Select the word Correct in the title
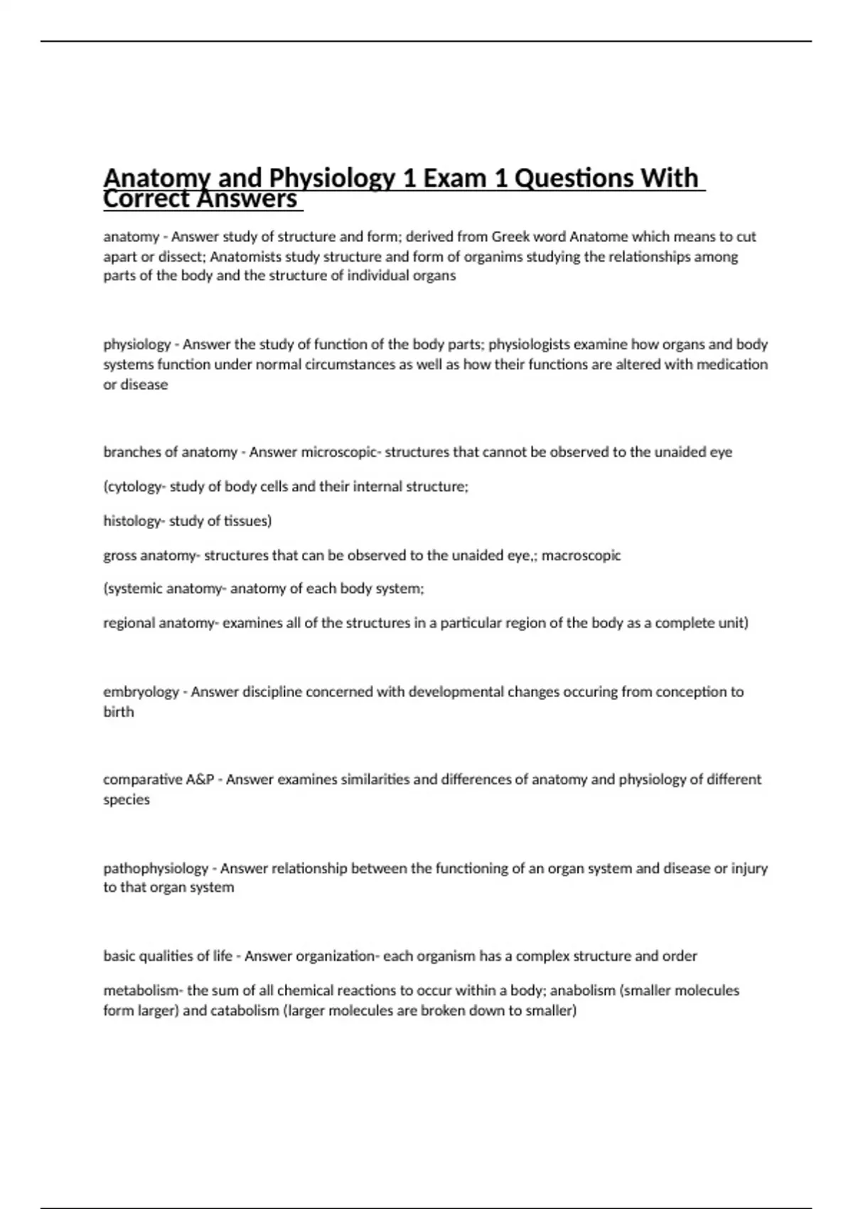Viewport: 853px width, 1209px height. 146,199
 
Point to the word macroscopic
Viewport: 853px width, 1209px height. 581,555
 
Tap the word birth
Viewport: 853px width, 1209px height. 118,712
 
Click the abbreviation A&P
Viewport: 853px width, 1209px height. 200,779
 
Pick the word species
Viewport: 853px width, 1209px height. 127,799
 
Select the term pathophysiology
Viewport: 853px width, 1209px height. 156,868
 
